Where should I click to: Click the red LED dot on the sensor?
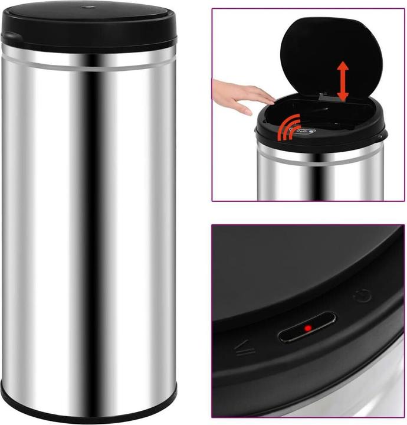pos(307,328)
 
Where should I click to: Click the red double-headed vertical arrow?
pos(343,81)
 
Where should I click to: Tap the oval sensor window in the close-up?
pos(307,328)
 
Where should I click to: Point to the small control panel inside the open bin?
pos(306,130)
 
